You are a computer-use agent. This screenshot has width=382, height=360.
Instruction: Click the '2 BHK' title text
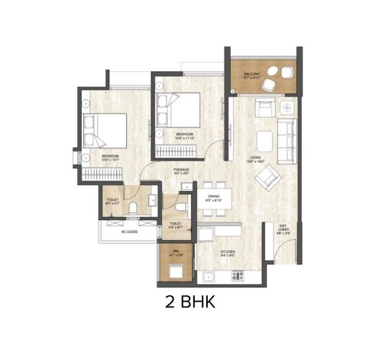(x=190, y=302)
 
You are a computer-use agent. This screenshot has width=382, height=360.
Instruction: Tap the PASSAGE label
(x=182, y=170)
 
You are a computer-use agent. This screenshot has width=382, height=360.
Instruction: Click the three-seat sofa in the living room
(x=286, y=130)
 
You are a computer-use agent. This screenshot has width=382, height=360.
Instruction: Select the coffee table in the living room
(x=264, y=141)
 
